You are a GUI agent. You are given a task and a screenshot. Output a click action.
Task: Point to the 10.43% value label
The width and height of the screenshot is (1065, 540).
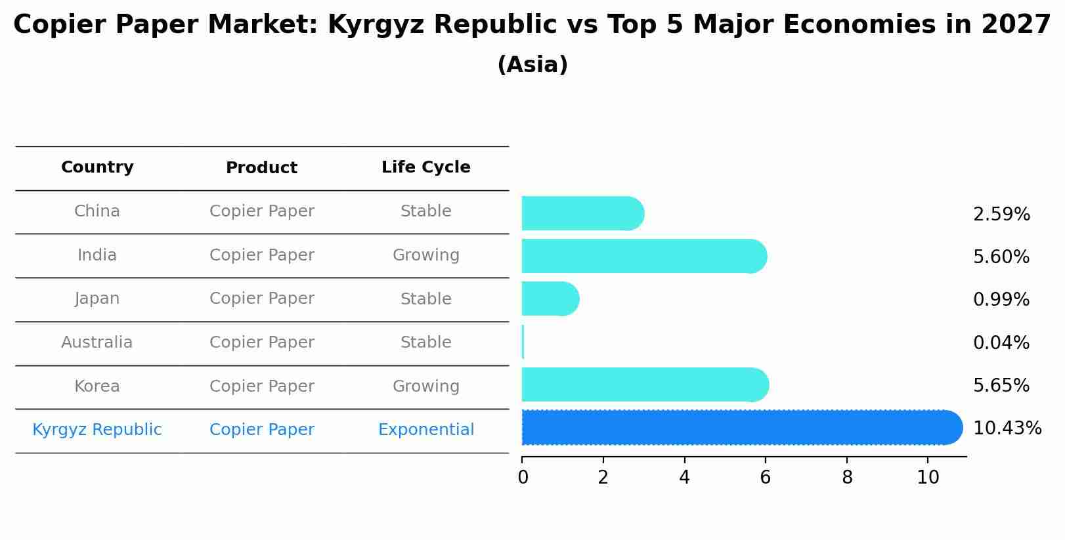pyautogui.click(x=1007, y=428)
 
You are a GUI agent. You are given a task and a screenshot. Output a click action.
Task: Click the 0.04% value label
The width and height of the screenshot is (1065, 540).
pyautogui.click(x=1001, y=343)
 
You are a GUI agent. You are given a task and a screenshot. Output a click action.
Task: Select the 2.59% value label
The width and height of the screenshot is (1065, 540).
pyautogui.click(x=1001, y=215)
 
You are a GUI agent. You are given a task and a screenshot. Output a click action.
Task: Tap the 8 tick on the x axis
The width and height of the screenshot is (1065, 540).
pyautogui.click(x=847, y=478)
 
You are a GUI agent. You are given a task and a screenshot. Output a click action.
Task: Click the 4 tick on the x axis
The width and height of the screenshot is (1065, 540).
pyautogui.click(x=684, y=478)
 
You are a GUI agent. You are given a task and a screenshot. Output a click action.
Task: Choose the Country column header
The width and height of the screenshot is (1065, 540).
pyautogui.click(x=97, y=167)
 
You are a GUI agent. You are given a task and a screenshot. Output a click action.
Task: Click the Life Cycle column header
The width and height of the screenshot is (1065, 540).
pyautogui.click(x=425, y=167)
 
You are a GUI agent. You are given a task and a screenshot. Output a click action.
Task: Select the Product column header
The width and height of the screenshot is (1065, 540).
pyautogui.click(x=261, y=168)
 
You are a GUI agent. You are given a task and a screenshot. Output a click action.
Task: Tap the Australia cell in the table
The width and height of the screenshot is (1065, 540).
pyautogui.click(x=97, y=343)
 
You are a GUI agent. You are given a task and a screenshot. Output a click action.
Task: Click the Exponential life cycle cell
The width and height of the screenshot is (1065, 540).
pyautogui.click(x=425, y=430)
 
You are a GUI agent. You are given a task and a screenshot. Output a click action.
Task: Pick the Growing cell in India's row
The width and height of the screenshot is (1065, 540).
pyautogui.click(x=425, y=255)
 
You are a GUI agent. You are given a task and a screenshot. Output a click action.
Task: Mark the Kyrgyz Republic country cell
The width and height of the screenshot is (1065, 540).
pyautogui.click(x=97, y=430)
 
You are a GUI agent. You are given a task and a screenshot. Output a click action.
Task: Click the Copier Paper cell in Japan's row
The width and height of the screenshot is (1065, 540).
pyautogui.click(x=261, y=299)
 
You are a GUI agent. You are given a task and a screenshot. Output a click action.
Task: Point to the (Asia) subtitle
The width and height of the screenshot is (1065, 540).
pyautogui.click(x=532, y=65)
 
